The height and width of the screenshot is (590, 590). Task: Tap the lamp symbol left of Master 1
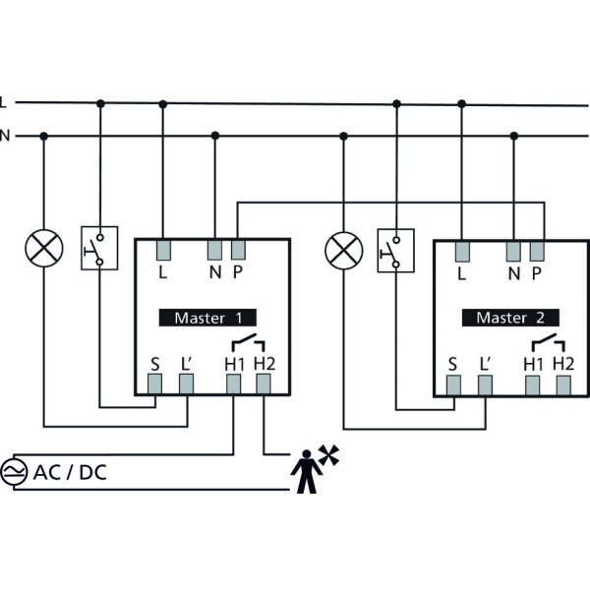43,249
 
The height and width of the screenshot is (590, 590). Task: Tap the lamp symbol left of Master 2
343,249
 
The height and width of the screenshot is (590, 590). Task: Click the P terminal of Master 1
238,249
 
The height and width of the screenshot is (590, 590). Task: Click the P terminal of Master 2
537,249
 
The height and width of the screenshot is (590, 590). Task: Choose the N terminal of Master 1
215,249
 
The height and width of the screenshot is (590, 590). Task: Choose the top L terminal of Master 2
461,249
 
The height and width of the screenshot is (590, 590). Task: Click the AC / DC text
71,473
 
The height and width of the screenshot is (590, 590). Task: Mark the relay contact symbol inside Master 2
546,343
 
